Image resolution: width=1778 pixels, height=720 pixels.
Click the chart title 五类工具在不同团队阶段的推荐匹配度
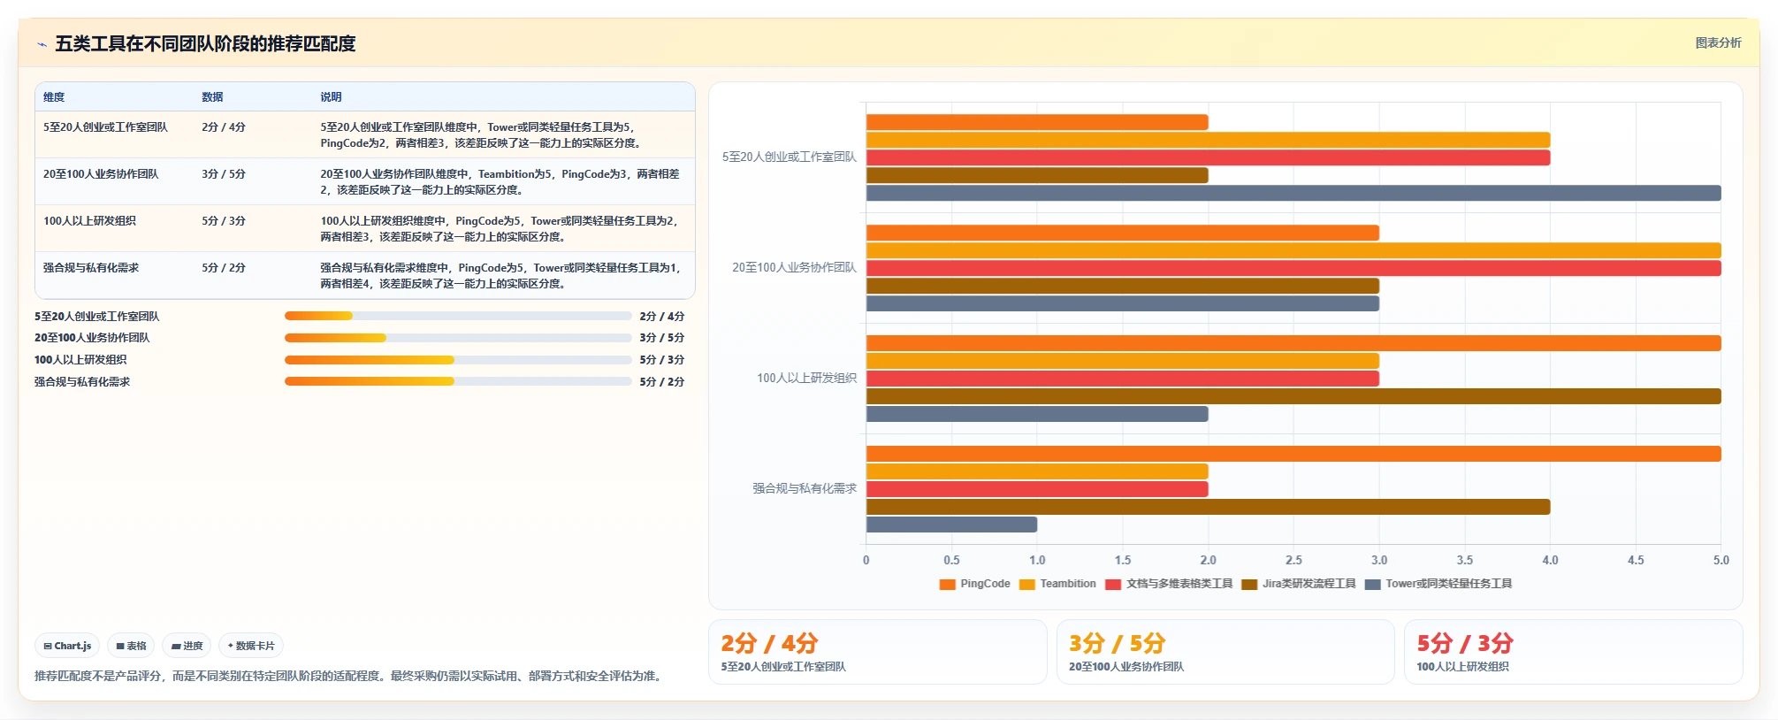click(205, 43)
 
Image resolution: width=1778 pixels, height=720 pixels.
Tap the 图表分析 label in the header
click(1718, 42)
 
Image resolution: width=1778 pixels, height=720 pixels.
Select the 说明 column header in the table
click(331, 97)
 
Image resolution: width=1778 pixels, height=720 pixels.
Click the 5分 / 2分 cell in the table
click(224, 268)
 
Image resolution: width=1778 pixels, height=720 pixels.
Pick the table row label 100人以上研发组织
click(89, 221)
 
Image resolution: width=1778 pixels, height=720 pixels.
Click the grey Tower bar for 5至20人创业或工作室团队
click(1293, 193)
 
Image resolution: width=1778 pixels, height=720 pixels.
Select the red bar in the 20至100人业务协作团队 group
click(1293, 268)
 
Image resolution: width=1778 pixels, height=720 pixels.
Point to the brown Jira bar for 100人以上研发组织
click(1293, 396)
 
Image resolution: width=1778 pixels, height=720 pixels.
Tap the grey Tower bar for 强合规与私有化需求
click(951, 525)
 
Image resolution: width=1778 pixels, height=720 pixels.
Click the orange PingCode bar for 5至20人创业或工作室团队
click(1037, 122)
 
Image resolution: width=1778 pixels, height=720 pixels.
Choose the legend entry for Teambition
click(1057, 584)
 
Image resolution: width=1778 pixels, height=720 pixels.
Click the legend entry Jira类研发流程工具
click(1299, 584)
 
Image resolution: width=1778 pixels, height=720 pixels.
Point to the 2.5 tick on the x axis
click(1293, 560)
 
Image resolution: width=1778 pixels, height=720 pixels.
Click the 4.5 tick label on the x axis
click(1636, 560)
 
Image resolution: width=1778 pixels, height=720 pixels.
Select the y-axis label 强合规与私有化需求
click(805, 488)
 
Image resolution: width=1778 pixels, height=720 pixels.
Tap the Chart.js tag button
click(67, 646)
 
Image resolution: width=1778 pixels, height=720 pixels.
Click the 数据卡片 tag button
click(251, 646)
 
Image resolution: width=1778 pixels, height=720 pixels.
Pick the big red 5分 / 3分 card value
click(1465, 643)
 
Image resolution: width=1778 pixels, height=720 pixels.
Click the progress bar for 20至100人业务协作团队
click(458, 338)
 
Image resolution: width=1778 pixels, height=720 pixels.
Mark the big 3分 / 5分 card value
click(1117, 643)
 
